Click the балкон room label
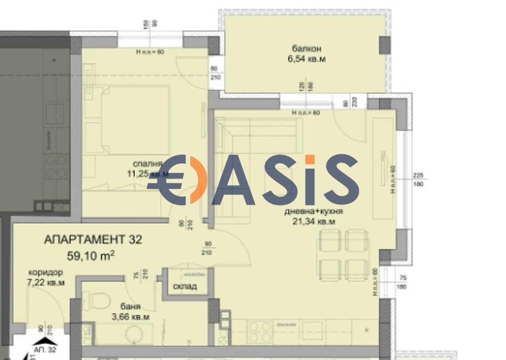306,49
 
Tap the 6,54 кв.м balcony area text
306,59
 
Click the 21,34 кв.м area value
312,222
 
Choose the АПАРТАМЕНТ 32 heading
93,240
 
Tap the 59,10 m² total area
91,256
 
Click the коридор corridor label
45,273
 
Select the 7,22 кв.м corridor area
46,282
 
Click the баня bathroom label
131,307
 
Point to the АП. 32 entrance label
45,350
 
